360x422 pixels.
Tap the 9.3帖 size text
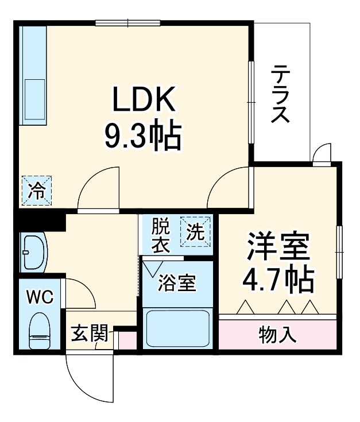(142, 137)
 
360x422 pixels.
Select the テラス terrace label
(280, 95)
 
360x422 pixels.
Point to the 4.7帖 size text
(278, 280)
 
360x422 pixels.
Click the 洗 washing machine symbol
(196, 233)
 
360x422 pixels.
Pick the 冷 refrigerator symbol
(36, 190)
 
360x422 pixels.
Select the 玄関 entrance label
(89, 334)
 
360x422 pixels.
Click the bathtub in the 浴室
(177, 330)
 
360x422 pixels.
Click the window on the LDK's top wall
(127, 24)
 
